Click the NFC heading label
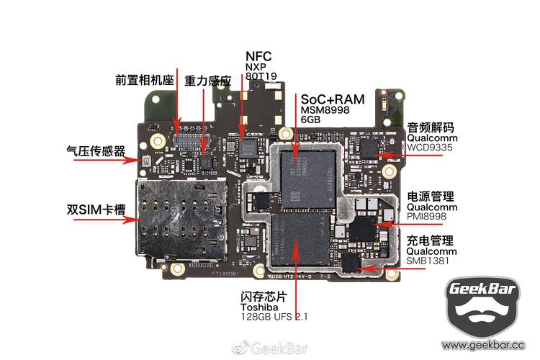pyautogui.click(x=259, y=55)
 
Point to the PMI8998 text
pyautogui.click(x=427, y=216)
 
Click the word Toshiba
pyautogui.click(x=258, y=307)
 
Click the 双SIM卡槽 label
pyautogui.click(x=96, y=210)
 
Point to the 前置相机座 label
pyautogui.click(x=145, y=80)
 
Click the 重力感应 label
pyautogui.click(x=207, y=81)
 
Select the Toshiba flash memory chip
pyautogui.click(x=298, y=244)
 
